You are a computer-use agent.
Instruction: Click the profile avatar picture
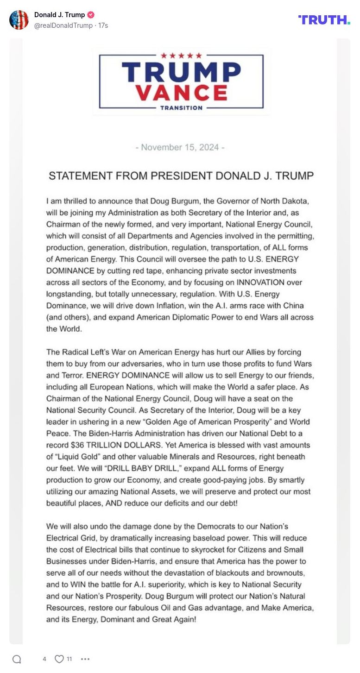click(19, 20)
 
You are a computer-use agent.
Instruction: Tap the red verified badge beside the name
click(91, 15)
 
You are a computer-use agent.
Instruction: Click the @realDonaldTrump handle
click(63, 25)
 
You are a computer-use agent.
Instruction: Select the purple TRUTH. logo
click(324, 19)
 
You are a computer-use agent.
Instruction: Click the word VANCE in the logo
click(181, 92)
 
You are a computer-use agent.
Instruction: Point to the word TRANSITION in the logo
click(181, 108)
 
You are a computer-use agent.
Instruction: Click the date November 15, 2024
click(180, 147)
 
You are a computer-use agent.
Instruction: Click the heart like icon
click(59, 659)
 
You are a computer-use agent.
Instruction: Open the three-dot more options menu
click(85, 659)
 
